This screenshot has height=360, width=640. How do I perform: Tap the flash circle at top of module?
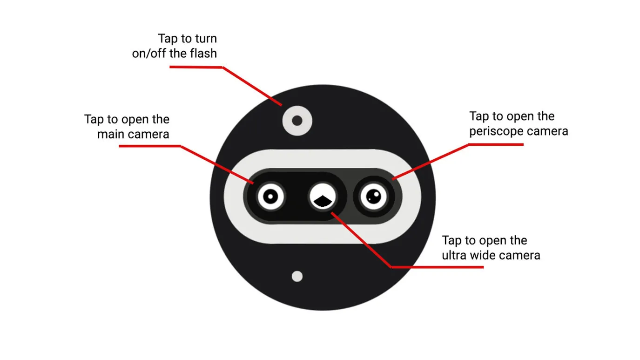(297, 121)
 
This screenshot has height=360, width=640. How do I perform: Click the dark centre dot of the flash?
(297, 121)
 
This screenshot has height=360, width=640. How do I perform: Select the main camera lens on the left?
(270, 197)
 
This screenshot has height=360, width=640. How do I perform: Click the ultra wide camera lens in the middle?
(323, 197)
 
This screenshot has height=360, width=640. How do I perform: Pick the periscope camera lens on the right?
(373, 197)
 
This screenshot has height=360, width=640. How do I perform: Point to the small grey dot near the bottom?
(297, 277)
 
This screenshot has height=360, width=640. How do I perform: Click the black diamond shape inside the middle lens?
(323, 201)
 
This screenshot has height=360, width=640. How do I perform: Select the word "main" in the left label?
(110, 134)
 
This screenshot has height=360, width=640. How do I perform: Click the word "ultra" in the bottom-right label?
(454, 255)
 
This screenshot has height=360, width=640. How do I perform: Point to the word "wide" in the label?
(482, 255)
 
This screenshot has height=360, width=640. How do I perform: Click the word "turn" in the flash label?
(205, 39)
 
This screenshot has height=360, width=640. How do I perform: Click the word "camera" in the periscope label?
(547, 131)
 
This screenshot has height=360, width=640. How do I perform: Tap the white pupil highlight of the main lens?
(270, 197)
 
